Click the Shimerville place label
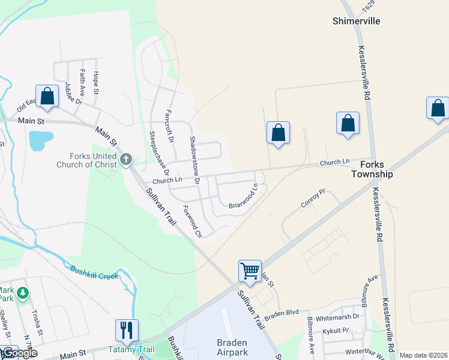coord(357,21)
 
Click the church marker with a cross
coord(125,159)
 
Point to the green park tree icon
coord(23,293)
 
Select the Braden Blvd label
coord(282,313)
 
